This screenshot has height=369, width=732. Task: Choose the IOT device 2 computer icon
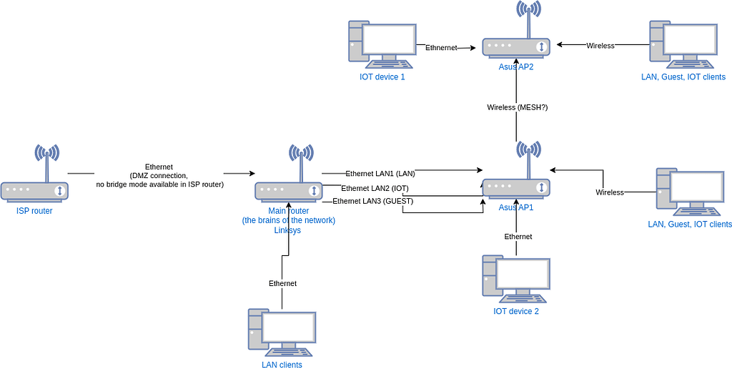click(x=516, y=279)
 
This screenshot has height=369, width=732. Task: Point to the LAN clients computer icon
click(x=282, y=333)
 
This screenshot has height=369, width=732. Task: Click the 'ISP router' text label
click(x=34, y=211)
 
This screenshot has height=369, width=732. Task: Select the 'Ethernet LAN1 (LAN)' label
click(x=380, y=173)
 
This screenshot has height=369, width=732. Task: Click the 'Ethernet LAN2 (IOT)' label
click(x=375, y=188)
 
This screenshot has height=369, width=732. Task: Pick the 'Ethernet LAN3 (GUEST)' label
click(x=372, y=201)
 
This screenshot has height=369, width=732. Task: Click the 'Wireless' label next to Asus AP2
click(x=600, y=46)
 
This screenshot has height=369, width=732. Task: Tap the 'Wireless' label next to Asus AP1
click(x=610, y=192)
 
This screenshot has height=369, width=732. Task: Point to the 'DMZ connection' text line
click(x=159, y=175)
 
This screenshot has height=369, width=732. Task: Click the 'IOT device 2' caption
click(x=516, y=311)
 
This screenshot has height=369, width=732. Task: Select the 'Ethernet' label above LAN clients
click(x=282, y=283)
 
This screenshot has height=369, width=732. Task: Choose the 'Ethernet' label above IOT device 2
click(x=518, y=236)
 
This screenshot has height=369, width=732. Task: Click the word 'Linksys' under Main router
click(x=289, y=230)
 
